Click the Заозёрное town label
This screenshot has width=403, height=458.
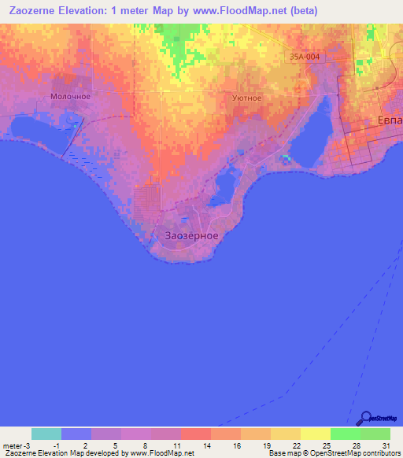click(192, 235)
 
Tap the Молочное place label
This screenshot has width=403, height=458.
click(71, 96)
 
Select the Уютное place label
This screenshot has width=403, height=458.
click(246, 98)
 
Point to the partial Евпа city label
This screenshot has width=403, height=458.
click(386, 121)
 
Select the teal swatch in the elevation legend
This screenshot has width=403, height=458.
click(46, 434)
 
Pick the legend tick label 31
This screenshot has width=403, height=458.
click(386, 445)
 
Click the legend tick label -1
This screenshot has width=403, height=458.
click(56, 445)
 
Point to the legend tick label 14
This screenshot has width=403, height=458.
click(206, 445)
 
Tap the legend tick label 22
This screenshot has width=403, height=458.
click(296, 445)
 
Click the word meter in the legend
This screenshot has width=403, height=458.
click(13, 445)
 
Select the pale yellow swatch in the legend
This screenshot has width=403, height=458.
click(316, 434)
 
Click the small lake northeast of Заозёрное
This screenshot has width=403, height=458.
click(224, 187)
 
